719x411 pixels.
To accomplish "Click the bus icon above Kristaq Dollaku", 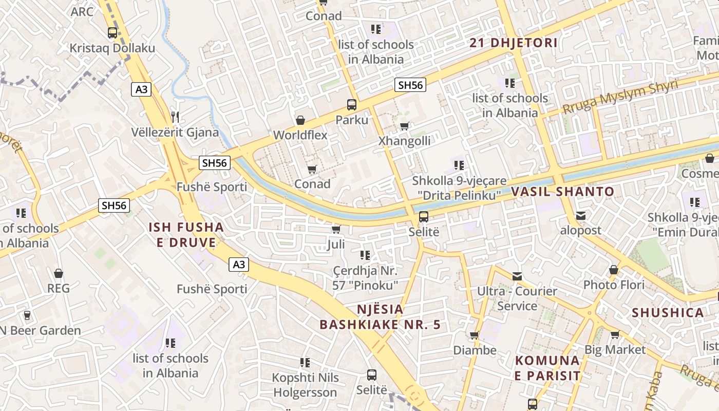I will [x=112, y=33].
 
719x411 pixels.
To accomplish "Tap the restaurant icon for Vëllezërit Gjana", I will [x=176, y=117].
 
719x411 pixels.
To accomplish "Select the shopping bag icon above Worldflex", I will [x=300, y=120].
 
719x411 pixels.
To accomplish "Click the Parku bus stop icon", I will [x=352, y=105].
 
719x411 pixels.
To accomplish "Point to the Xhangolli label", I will [x=404, y=141].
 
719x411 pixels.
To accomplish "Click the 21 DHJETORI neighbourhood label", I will [x=514, y=43].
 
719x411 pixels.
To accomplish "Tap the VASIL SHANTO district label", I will [x=562, y=192].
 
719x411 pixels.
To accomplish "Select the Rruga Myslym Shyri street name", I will [x=620, y=98].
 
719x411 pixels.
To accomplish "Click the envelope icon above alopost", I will [x=580, y=216].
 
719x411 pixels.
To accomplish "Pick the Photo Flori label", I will [x=614, y=285].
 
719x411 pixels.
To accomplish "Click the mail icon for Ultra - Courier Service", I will [x=517, y=276].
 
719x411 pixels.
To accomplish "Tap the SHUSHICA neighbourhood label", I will [x=668, y=313].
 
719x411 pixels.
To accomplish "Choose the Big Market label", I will [x=615, y=350].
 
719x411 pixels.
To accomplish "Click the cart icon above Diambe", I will [x=475, y=335].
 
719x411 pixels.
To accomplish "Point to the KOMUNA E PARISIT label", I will [x=547, y=368].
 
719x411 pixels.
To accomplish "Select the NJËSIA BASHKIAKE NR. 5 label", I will [x=380, y=317].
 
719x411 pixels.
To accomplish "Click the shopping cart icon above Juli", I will [x=336, y=229].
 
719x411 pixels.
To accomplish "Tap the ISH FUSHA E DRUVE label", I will [x=186, y=235].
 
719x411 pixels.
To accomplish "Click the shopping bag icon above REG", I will [x=59, y=273].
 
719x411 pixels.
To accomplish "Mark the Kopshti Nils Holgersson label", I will [x=305, y=385].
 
